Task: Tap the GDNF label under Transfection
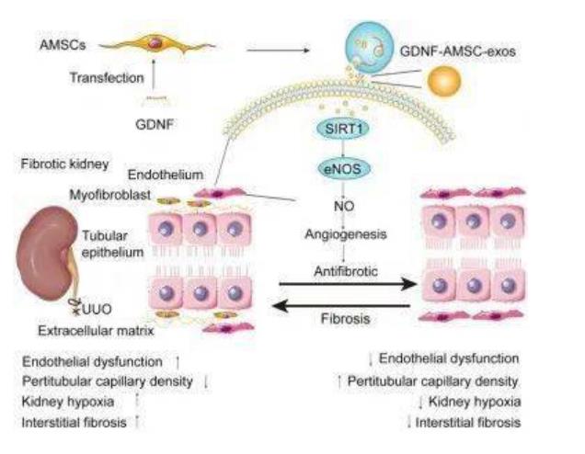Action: coord(153,119)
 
